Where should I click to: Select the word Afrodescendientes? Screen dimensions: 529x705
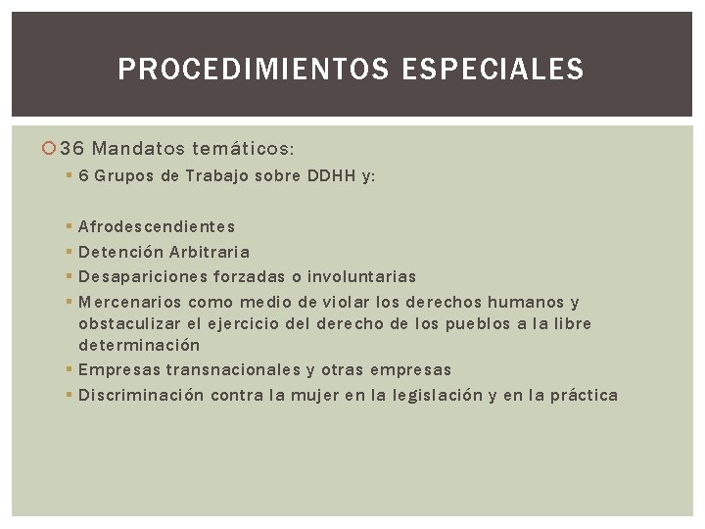tap(157, 226)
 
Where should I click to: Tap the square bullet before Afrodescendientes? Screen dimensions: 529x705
tap(67, 226)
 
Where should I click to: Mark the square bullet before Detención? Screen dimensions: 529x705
tap(67, 252)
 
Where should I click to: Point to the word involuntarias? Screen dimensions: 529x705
tap(360, 277)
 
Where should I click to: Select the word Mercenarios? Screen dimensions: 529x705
tap(130, 302)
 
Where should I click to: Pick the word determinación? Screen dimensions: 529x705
tap(139, 345)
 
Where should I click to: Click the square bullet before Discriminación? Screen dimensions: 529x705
tap(67, 395)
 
